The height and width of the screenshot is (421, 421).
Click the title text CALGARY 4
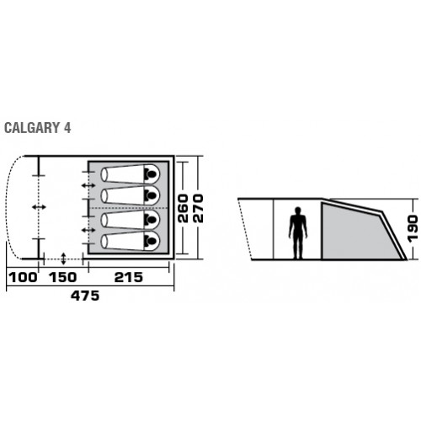pos(38,128)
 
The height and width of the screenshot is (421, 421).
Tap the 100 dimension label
pos(23,278)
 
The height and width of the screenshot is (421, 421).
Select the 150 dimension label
pos(63,278)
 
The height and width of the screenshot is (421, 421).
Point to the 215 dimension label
pos(129,278)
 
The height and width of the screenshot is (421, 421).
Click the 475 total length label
pos(85,296)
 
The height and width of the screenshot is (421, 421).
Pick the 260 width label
pos(184,208)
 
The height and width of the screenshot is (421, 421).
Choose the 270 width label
pos(198,208)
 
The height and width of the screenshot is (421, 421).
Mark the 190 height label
pos(413,228)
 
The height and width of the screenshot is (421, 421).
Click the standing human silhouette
pos(298,233)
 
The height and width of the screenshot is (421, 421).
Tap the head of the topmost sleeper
pos(151,174)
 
